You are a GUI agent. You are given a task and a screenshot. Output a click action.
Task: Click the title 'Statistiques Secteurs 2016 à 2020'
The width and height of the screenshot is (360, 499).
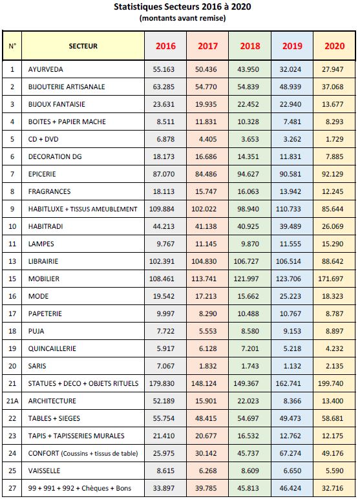182,6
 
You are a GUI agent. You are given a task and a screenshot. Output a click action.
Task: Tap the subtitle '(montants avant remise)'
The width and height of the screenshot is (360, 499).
182,18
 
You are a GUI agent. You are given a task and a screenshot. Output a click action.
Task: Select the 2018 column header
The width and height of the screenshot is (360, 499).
250,46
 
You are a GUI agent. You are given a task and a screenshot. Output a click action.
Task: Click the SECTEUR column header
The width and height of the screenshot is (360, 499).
83,46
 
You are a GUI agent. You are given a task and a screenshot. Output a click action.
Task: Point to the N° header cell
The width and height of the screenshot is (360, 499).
12,46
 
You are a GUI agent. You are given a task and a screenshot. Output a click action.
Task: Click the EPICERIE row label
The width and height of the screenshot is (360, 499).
42,174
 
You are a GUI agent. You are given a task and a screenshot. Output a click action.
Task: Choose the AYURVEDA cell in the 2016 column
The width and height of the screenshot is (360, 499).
164,69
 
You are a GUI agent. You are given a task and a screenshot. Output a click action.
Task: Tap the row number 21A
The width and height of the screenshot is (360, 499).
12,401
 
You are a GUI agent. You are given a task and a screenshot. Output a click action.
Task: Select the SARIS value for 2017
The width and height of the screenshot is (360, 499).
208,366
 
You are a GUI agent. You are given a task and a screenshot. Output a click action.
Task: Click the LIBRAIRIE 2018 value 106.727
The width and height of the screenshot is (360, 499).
246,261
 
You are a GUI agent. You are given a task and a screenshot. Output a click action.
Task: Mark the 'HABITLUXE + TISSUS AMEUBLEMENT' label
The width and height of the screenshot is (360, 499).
83,209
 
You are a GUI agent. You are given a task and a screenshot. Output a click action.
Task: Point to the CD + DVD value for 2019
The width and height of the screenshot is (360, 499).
292,139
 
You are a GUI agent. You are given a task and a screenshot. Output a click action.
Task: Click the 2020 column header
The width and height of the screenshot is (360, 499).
335,46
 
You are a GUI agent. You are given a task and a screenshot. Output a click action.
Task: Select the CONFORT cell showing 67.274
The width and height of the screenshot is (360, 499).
290,453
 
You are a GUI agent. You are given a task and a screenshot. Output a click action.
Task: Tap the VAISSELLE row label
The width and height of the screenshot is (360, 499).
44,471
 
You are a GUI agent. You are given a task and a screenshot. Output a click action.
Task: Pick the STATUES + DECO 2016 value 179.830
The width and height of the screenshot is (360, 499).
162,383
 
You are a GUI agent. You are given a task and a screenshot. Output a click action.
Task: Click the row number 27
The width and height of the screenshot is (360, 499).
12,488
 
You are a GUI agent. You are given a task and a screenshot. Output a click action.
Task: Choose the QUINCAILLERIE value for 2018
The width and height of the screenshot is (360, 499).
250,348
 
